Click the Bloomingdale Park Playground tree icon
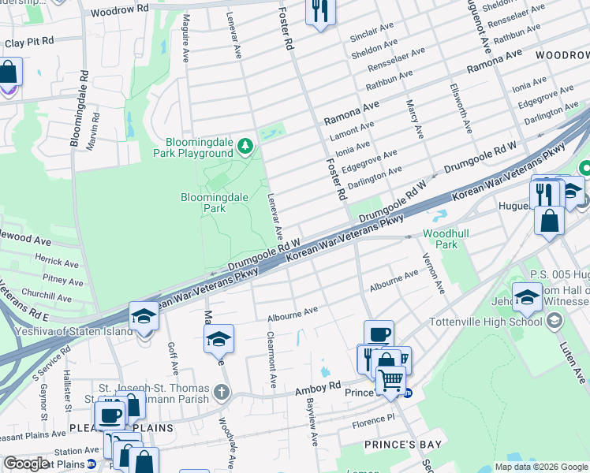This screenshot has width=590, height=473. point(246,146)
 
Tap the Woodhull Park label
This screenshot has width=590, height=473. point(440,239)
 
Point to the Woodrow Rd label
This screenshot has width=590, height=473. point(119,13)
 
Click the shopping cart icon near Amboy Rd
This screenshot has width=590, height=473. point(390,381)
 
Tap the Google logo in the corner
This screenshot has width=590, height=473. point(25,464)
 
